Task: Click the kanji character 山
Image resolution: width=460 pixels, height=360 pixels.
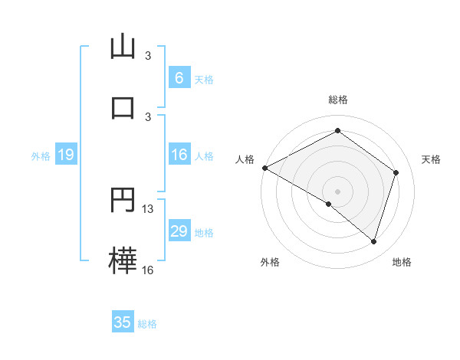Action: (x=123, y=47)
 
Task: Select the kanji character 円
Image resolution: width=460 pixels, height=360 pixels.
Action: (x=123, y=201)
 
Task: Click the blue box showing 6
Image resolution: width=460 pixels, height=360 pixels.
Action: (x=179, y=78)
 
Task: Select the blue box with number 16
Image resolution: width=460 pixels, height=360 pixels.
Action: (x=179, y=155)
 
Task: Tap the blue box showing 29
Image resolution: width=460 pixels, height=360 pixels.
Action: (x=179, y=231)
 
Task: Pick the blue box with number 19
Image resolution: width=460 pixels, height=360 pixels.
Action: (x=66, y=155)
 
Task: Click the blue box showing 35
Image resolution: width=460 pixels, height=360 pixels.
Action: (x=123, y=322)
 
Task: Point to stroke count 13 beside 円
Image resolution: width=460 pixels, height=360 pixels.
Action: (x=148, y=209)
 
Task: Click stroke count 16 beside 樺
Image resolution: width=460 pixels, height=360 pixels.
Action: (x=148, y=270)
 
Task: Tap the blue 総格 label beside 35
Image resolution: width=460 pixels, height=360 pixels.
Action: (x=147, y=324)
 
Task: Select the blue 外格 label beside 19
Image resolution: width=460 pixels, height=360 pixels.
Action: (x=41, y=156)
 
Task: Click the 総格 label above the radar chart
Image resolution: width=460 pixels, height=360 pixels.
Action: (x=338, y=100)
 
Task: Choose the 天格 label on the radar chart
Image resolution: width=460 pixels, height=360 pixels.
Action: (x=431, y=159)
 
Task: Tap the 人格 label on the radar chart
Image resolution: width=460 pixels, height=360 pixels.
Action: (x=245, y=159)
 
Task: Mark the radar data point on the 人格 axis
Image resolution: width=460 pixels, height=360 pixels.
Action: (x=264, y=168)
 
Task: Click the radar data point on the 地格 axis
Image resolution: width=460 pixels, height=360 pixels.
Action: (x=373, y=241)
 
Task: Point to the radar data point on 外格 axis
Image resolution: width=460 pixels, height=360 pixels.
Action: (x=329, y=204)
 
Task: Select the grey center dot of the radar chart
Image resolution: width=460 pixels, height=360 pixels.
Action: (x=338, y=191)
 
